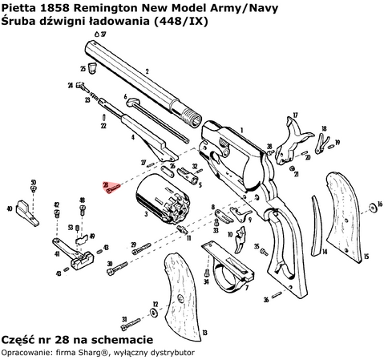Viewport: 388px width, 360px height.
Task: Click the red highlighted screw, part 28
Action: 114,187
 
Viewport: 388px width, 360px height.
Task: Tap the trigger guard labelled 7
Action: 228,264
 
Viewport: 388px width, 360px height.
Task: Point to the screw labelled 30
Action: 119,265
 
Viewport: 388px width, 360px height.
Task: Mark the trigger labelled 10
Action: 241,238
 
